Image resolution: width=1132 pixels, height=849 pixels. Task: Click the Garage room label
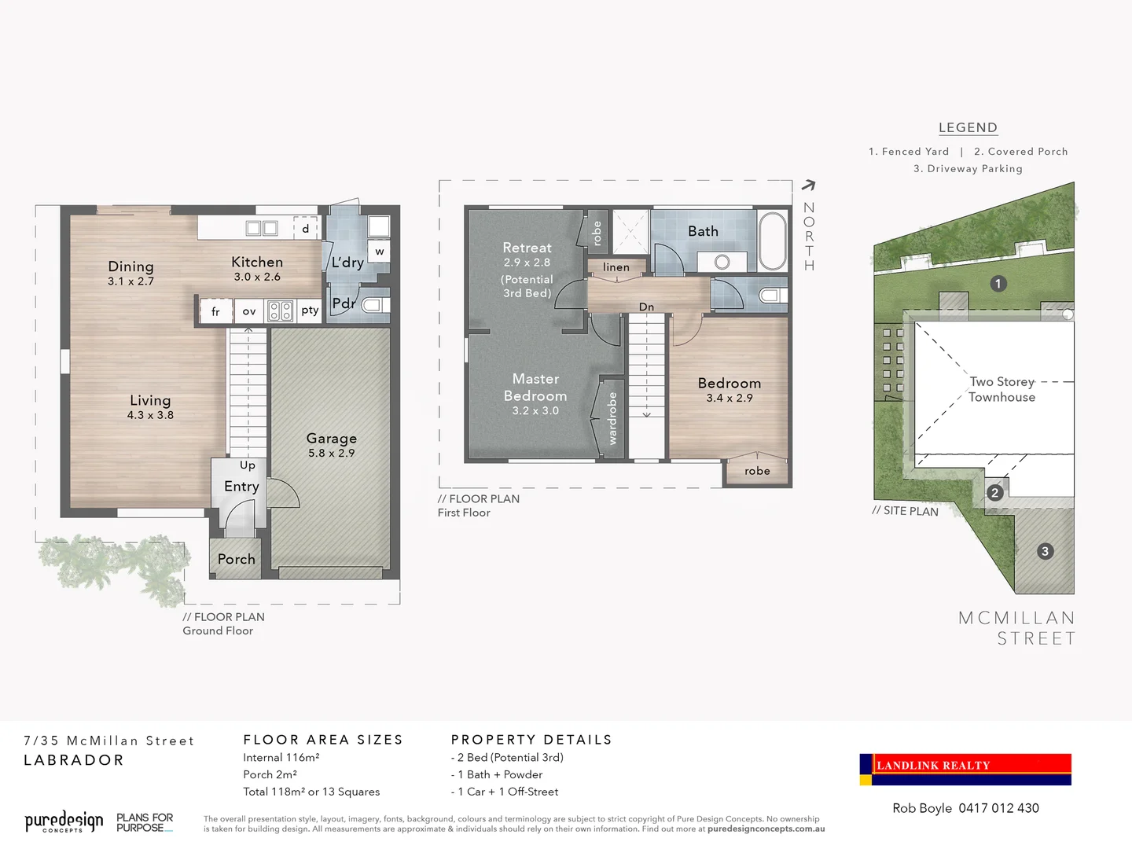tap(331, 438)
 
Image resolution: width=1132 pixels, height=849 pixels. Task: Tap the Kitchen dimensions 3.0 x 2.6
tap(257, 277)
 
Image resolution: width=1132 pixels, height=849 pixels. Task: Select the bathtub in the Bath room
tap(773, 241)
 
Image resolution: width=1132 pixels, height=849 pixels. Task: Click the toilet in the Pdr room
tap(373, 305)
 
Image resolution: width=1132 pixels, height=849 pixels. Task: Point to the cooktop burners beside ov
tap(281, 311)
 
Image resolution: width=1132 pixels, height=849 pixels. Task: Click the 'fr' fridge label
tap(215, 312)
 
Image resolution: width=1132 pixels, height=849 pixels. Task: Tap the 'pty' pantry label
tap(310, 311)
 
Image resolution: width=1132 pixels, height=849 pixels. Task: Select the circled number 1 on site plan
tap(998, 284)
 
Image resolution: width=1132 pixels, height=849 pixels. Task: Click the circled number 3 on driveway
tap(1045, 551)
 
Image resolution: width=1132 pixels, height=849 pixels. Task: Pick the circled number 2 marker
tap(994, 493)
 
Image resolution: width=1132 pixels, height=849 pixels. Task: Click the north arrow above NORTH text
tap(808, 186)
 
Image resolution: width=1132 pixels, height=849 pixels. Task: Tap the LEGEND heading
tap(968, 127)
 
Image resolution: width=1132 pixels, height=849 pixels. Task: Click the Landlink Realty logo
tap(965, 769)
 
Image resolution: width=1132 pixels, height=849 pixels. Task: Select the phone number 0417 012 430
tap(998, 808)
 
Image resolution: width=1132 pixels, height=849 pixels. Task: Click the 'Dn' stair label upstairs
tap(646, 307)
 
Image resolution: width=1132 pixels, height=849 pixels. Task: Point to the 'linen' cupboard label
tap(616, 267)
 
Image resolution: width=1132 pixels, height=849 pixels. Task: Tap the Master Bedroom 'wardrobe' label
tap(612, 417)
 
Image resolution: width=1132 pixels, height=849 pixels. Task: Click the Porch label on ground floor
tap(236, 559)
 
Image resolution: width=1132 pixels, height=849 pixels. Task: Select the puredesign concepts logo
tap(64, 822)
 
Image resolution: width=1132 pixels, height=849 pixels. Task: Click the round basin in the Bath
tap(722, 262)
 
